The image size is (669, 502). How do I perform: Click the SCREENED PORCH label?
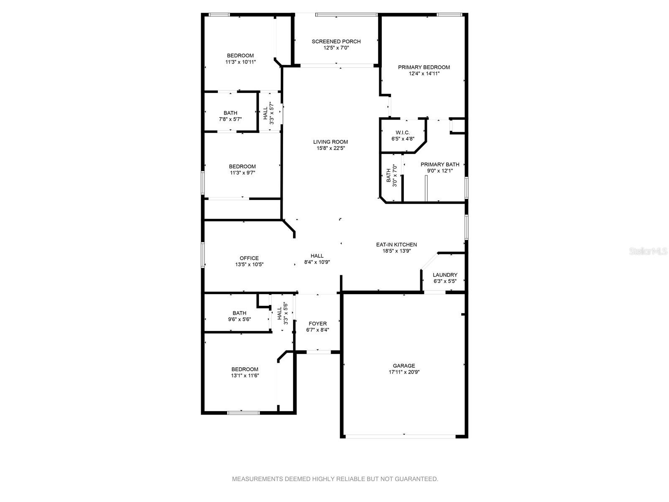(x=336, y=41)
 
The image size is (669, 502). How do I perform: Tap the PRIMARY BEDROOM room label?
(x=424, y=67)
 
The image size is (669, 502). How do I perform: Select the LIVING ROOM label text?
(x=330, y=142)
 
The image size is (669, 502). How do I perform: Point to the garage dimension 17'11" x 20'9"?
(x=404, y=372)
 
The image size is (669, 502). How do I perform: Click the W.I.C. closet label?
(x=403, y=133)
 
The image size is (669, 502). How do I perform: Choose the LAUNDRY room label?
(x=445, y=274)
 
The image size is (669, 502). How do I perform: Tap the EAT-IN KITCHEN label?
(x=396, y=244)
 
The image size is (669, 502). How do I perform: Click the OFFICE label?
(x=249, y=258)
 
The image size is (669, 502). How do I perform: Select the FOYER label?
(x=318, y=323)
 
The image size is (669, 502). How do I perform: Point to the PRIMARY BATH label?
(x=440, y=164)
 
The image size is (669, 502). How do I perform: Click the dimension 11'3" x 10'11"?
(x=240, y=62)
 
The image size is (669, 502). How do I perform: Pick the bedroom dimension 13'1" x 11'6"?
(x=245, y=376)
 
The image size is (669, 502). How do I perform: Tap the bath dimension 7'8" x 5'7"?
(x=230, y=119)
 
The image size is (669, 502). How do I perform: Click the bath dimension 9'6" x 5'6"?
(x=239, y=320)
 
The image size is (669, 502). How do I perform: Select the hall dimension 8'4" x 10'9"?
(x=317, y=262)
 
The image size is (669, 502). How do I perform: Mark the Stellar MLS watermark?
(x=648, y=251)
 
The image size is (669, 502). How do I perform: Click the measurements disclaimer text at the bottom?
(x=335, y=479)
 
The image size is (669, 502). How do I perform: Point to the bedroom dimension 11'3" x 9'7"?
(x=242, y=173)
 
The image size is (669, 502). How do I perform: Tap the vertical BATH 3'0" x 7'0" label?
(x=391, y=176)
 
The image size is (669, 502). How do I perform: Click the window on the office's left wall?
(x=202, y=255)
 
